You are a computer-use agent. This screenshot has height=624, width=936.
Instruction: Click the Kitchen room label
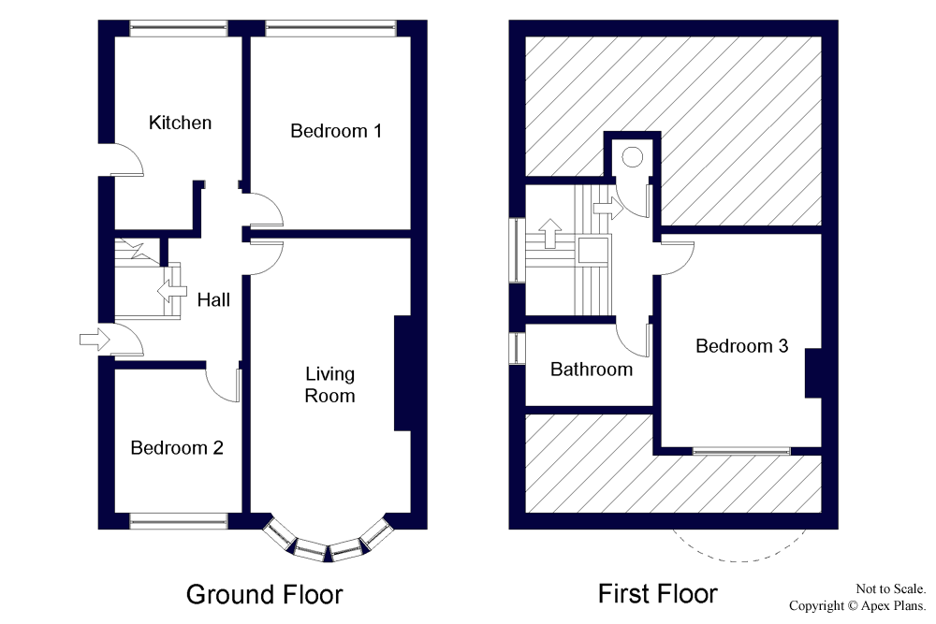tap(180, 123)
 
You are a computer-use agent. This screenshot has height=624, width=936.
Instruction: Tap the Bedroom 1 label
tap(336, 131)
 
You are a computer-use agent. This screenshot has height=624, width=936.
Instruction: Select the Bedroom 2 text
tap(177, 448)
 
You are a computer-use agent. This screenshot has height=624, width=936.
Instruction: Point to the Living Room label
tap(329, 385)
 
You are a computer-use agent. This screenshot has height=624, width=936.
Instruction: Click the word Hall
tap(213, 299)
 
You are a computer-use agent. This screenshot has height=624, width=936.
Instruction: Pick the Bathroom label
tap(592, 370)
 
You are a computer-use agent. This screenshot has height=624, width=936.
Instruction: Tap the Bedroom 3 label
tap(742, 346)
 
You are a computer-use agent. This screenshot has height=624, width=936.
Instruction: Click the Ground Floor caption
tap(265, 595)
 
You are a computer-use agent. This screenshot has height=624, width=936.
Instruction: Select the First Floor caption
tap(658, 594)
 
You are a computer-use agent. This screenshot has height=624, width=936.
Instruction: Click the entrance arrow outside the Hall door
tap(95, 340)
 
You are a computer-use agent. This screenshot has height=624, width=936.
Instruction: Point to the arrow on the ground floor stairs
tap(172, 291)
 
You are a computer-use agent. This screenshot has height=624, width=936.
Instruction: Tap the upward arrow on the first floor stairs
tap(549, 233)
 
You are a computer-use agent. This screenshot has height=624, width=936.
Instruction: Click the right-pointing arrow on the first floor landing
tap(608, 209)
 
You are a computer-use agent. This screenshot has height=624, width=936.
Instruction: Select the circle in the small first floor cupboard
tap(632, 157)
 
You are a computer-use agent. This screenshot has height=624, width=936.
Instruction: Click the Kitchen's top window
tap(179, 28)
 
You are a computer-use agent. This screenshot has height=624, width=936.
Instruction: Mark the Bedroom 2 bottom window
tap(179, 521)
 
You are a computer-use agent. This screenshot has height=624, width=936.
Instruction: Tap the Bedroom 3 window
tap(740, 451)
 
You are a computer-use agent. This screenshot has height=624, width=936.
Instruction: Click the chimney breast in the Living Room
tap(402, 373)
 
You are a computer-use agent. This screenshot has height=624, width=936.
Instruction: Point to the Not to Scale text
tap(891, 588)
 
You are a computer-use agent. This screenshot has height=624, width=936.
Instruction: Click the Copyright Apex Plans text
tap(857, 606)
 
